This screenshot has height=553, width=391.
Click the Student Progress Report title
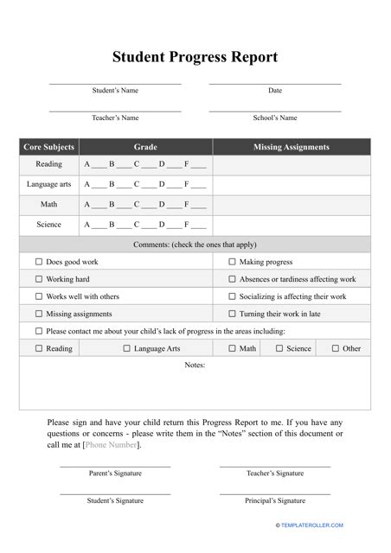pyautogui.click(x=195, y=58)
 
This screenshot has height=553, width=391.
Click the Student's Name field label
pyautogui.click(x=115, y=91)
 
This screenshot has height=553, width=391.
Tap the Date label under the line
pyautogui.click(x=275, y=91)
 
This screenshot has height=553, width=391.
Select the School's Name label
pyautogui.click(x=275, y=118)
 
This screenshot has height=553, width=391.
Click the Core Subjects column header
pyautogui.click(x=48, y=147)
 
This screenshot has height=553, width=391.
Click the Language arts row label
pyautogui.click(x=48, y=184)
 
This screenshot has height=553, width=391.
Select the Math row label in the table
pyautogui.click(x=48, y=205)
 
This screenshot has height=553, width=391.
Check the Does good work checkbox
pyautogui.click(x=38, y=262)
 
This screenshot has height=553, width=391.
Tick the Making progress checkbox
pyautogui.click(x=232, y=262)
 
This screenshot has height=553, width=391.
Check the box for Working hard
pyautogui.click(x=38, y=279)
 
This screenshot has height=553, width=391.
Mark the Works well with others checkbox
pyautogui.click(x=38, y=296)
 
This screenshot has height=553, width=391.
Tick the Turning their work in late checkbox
pyautogui.click(x=232, y=314)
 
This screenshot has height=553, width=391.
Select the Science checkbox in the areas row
pyautogui.click(x=279, y=348)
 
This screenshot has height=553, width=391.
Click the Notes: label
pyautogui.click(x=195, y=365)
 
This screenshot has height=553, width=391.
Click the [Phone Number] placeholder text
pyautogui.click(x=111, y=445)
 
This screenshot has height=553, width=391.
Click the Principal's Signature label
pyautogui.click(x=275, y=500)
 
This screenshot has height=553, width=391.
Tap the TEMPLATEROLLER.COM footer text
pyautogui.click(x=310, y=525)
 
